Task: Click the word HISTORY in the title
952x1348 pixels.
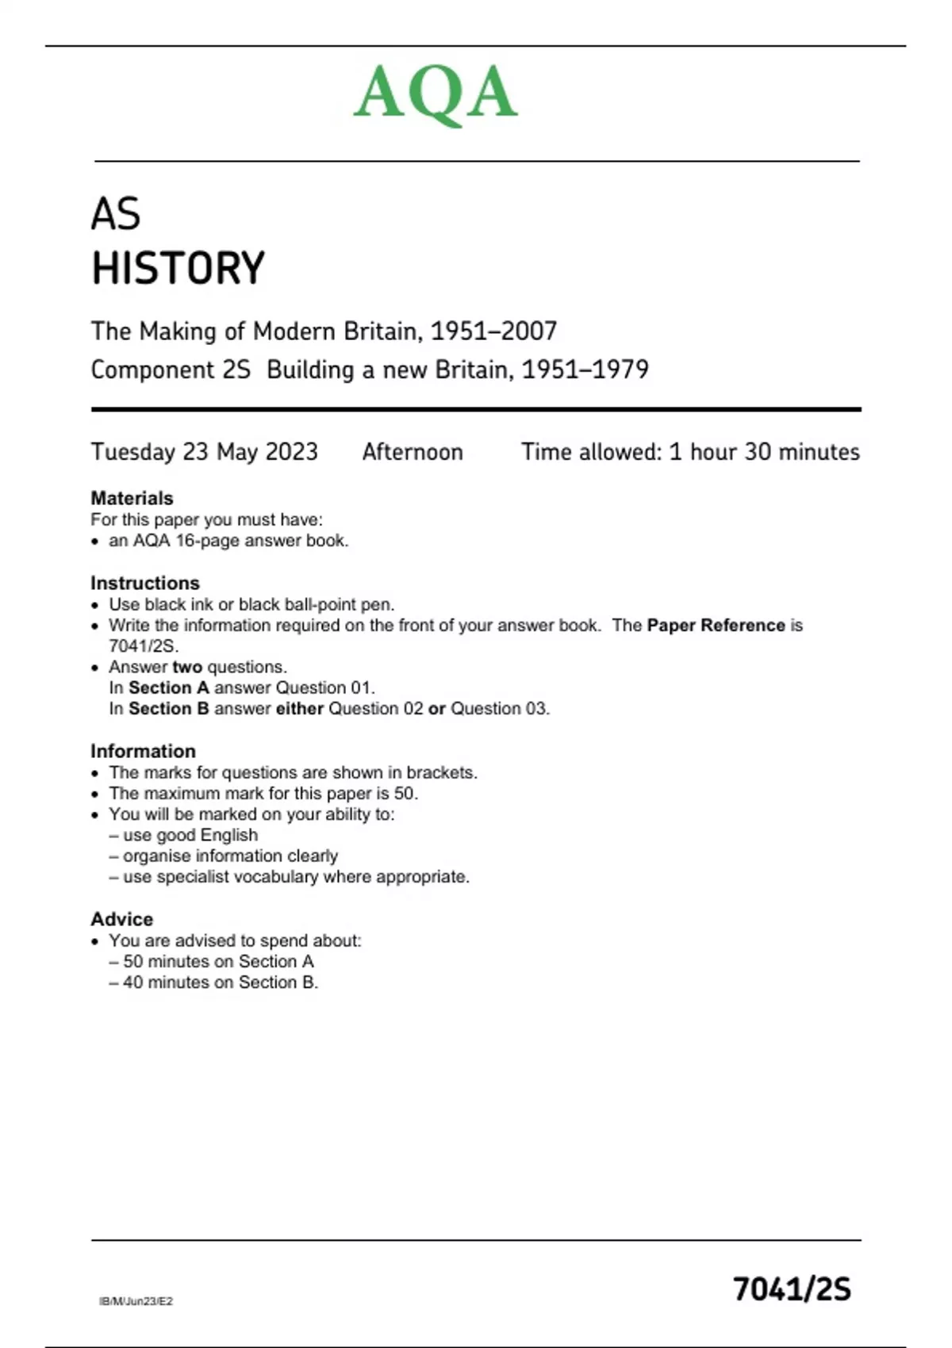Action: point(178,268)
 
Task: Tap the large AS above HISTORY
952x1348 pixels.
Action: point(116,214)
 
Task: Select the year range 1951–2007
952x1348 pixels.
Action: point(493,331)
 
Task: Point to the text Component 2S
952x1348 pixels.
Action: point(171,370)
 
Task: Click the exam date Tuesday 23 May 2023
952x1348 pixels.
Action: point(204,452)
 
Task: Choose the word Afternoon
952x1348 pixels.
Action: point(413,452)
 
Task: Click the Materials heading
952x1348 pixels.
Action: point(132,498)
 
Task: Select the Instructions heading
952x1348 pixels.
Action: point(144,583)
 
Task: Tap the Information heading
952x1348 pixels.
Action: point(143,751)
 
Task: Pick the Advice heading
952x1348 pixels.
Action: point(121,919)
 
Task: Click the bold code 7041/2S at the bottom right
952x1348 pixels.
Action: point(792,1289)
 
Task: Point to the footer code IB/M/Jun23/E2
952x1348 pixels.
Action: point(136,1301)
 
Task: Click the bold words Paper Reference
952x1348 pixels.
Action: point(716,625)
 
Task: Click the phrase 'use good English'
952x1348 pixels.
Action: point(190,835)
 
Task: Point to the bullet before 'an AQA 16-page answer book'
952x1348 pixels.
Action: point(95,542)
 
